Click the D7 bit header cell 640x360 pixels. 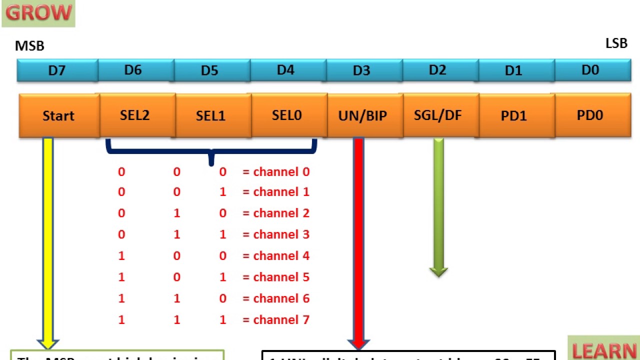(x=57, y=70)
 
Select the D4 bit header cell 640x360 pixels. (x=285, y=70)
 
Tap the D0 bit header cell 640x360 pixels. (x=590, y=70)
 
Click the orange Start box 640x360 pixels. (x=58, y=115)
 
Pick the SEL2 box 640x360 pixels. (x=134, y=115)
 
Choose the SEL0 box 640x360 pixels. (x=287, y=115)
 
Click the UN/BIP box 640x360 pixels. (x=363, y=115)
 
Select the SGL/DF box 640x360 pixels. (x=438, y=115)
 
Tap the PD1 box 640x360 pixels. (x=514, y=115)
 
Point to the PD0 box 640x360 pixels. (x=590, y=115)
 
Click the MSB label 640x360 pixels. (x=29, y=46)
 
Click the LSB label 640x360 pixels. (x=616, y=43)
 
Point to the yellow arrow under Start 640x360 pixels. (x=48, y=240)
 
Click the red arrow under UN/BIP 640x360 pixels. (x=358, y=240)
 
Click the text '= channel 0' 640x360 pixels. (x=276, y=172)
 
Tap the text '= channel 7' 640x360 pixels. (x=276, y=319)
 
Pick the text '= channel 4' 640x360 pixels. (x=276, y=256)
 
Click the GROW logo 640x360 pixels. (x=38, y=13)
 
